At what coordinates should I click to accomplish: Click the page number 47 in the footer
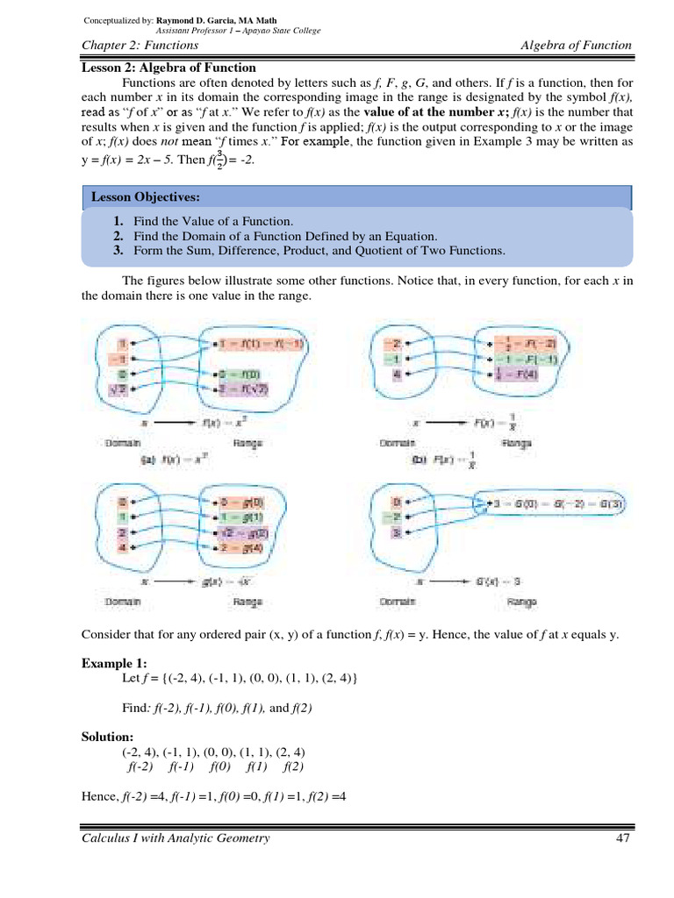(623, 838)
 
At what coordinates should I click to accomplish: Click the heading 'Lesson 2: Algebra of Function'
(168, 68)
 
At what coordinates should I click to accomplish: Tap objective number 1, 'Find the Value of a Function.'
(213, 221)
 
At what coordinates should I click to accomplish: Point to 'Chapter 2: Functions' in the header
(140, 46)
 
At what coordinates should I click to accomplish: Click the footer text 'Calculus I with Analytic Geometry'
(176, 838)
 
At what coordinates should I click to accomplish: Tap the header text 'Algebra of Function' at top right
(576, 46)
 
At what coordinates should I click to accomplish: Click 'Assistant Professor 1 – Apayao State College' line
(237, 30)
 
